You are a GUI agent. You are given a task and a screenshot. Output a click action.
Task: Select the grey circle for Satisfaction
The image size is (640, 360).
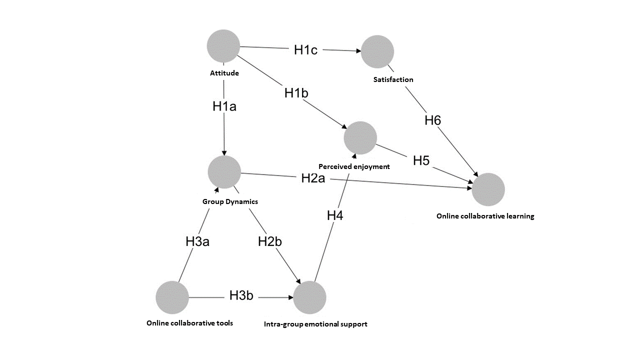coord(377,51)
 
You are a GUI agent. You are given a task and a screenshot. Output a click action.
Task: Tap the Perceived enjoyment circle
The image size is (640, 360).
coord(360,137)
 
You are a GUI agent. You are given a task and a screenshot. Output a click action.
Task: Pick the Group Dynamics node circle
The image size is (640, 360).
coord(224,172)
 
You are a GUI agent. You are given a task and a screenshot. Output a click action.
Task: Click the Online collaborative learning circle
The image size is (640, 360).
coord(488,189)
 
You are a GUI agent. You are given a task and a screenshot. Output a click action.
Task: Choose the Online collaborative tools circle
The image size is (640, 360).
coord(172,297)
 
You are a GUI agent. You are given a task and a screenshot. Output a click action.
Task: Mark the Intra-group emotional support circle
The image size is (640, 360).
coord(309,297)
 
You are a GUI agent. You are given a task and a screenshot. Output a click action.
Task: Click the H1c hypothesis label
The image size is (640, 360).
coord(305,49)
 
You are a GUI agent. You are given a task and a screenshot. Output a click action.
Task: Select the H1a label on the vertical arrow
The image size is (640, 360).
coord(224,106)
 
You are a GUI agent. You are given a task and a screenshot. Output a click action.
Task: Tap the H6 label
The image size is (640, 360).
coord(433,120)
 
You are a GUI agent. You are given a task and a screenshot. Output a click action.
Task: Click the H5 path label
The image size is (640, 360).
coord(421,160)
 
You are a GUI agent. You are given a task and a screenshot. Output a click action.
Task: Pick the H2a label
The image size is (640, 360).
coord(313,178)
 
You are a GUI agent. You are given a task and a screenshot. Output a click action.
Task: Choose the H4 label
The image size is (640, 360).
coord(335,215)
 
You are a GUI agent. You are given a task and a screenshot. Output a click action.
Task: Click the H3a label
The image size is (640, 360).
coord(197,241)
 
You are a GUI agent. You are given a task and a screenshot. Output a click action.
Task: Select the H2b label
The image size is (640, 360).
coord(270,241)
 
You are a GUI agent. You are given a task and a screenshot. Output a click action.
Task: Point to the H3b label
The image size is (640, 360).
coord(241,295)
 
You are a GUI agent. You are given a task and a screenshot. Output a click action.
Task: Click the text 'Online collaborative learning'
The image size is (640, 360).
coord(485,216)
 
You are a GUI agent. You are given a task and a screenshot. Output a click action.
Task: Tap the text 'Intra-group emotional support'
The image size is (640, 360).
coord(315,324)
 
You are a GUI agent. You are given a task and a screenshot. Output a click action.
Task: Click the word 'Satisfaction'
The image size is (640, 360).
coord(393,79)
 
